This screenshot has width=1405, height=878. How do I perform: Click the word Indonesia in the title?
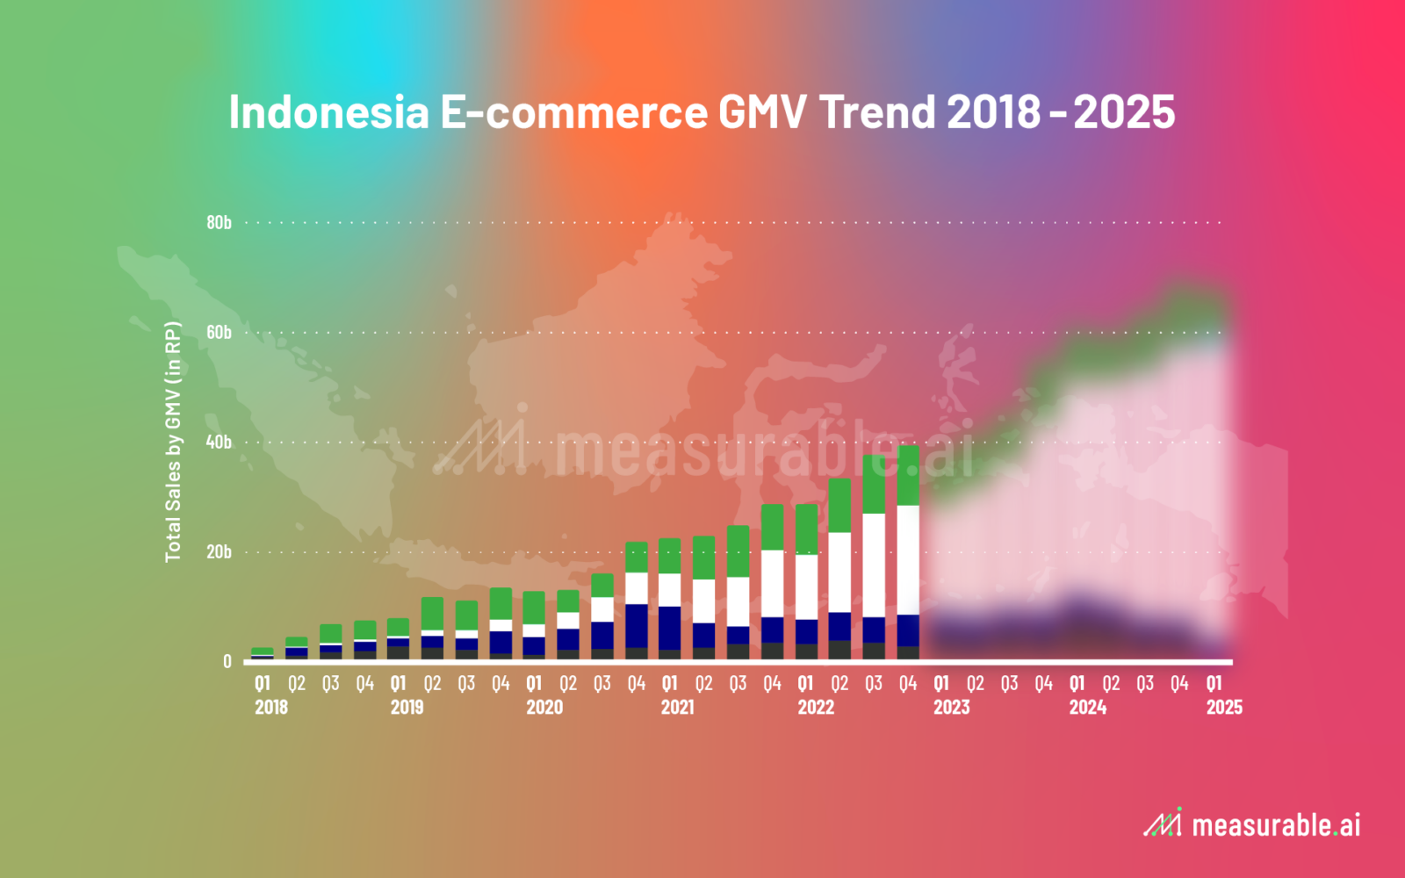(x=329, y=112)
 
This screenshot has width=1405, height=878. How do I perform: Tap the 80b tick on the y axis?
(x=219, y=223)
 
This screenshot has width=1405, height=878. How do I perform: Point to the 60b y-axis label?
(x=219, y=333)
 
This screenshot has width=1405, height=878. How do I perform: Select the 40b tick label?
(x=219, y=443)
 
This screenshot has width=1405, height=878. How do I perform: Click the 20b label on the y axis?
(x=219, y=552)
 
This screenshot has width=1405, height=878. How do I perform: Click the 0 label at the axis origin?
(x=227, y=662)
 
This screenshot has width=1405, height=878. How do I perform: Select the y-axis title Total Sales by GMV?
(x=173, y=442)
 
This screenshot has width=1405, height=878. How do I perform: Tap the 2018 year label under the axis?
(x=271, y=708)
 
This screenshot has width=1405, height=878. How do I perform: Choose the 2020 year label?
(x=544, y=708)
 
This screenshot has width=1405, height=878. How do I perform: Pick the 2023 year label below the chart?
(x=952, y=708)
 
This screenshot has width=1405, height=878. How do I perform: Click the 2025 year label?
(x=1224, y=708)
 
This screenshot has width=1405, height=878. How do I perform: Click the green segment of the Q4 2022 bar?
(x=908, y=475)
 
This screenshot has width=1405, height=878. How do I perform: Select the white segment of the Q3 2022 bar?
(x=875, y=565)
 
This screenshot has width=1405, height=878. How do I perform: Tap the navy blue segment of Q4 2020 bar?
(x=637, y=626)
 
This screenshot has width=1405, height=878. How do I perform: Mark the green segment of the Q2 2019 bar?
(x=432, y=614)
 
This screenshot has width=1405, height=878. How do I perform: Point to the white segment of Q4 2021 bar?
(x=772, y=584)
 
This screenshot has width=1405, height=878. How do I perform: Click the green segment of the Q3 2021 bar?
(x=739, y=551)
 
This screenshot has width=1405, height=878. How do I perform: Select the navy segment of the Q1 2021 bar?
(x=670, y=629)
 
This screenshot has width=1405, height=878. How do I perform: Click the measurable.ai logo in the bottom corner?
(x=1252, y=824)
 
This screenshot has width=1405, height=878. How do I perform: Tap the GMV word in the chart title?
(x=762, y=112)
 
